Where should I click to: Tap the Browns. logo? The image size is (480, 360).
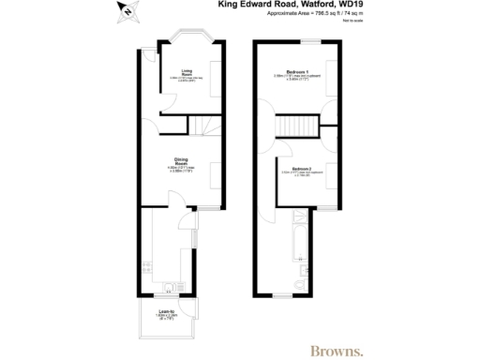[x=336, y=351]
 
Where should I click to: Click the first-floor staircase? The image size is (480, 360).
[x=298, y=127]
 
